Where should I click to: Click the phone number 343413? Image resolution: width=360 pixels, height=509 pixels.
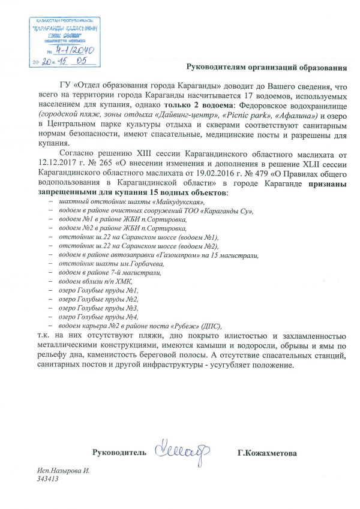(47, 480)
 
